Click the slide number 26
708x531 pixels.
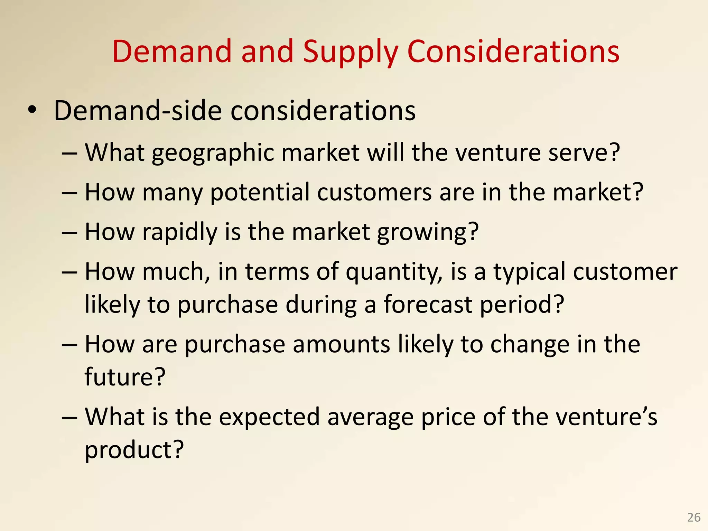[693, 517]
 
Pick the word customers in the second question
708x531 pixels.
[374, 192]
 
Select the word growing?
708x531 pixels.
[428, 232]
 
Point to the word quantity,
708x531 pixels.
[394, 272]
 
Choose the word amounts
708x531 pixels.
[342, 344]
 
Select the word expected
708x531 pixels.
[269, 418]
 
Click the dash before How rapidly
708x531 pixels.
[69, 233]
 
